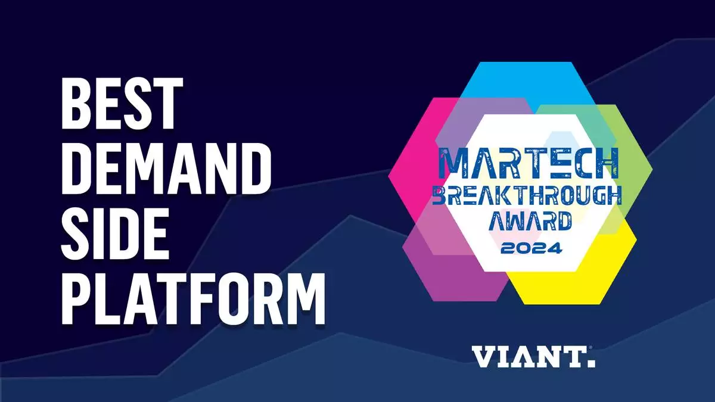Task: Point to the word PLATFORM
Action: [193, 298]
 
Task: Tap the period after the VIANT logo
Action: [592, 363]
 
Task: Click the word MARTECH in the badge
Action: [529, 163]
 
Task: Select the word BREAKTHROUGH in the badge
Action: [527, 195]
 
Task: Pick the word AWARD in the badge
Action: [530, 220]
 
